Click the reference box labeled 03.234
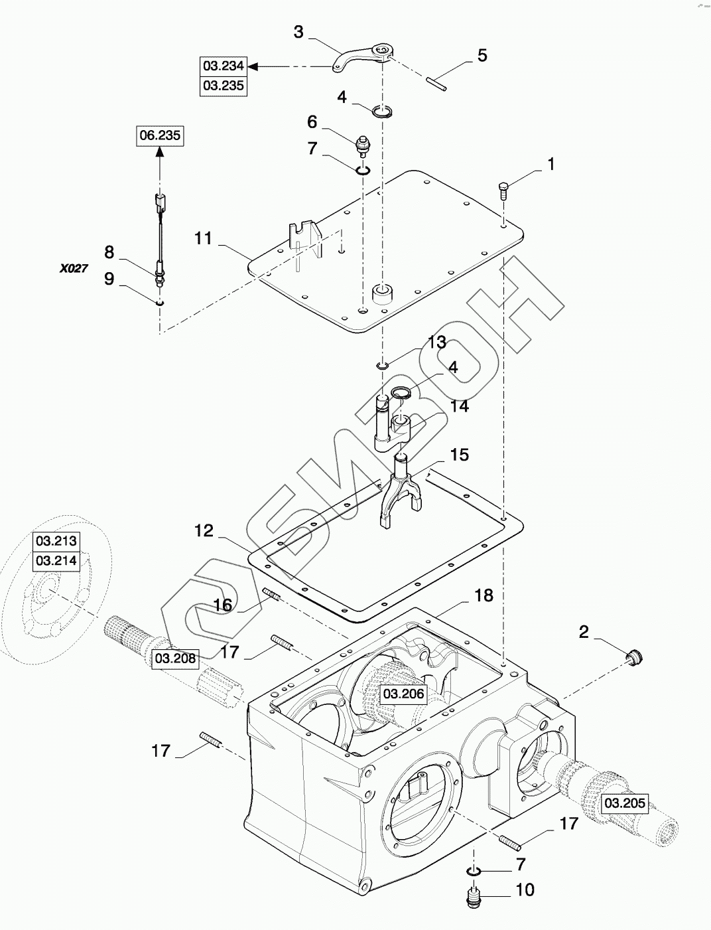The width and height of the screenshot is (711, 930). [x=224, y=66]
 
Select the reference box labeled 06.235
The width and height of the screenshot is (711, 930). [x=159, y=136]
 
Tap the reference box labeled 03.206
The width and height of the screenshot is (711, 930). [x=403, y=694]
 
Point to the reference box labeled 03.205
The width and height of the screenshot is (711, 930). [x=624, y=803]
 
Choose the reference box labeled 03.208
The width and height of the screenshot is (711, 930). [x=175, y=659]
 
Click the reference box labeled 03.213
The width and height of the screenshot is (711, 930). [x=57, y=541]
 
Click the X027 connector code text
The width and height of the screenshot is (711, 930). [x=73, y=269]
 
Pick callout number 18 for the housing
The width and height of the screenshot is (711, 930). [x=484, y=595]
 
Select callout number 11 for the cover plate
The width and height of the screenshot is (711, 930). [x=203, y=237]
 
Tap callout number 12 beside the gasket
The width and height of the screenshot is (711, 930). [x=204, y=531]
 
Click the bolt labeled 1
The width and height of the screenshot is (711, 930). [x=503, y=189]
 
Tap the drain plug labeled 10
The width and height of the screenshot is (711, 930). [x=474, y=898]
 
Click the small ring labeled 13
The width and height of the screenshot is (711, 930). [x=383, y=365]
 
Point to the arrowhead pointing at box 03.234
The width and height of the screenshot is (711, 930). [x=253, y=66]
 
